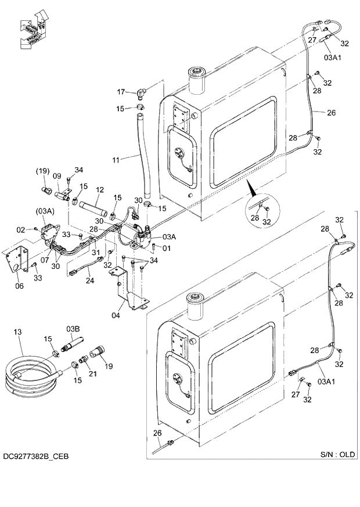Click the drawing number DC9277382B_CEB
pos(35,456)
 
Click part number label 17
pos(121,92)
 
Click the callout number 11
pos(116,159)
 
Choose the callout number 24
pos(90,281)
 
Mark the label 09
pos(57,176)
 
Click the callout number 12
pos(99,189)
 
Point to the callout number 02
pos(21,230)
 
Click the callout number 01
pos(167,249)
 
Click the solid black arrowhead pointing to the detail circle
pos(251,188)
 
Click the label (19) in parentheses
pos(42,171)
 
